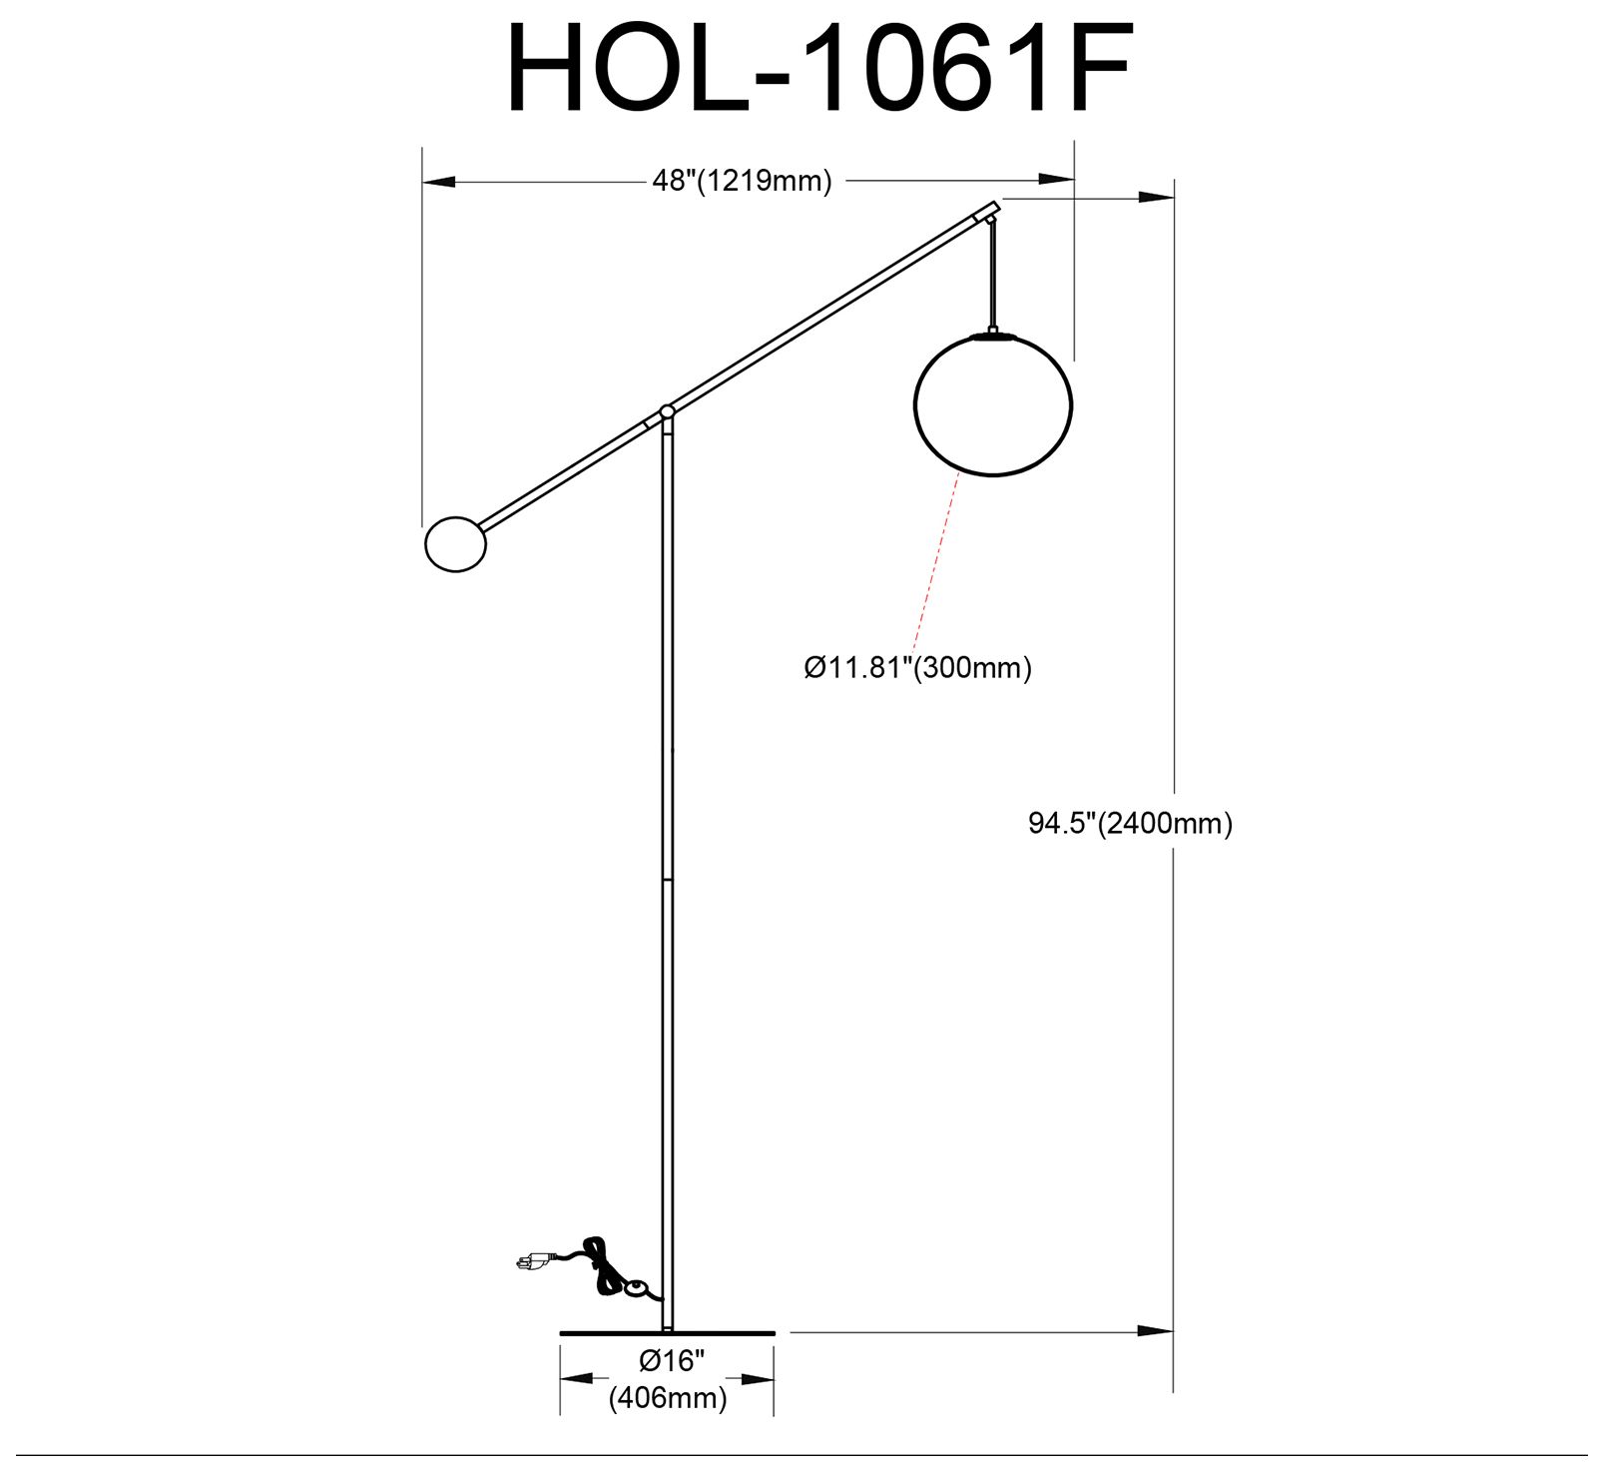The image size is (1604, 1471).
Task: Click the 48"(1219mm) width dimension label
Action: [x=741, y=181]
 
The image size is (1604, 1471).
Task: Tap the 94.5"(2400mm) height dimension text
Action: [x=1130, y=824]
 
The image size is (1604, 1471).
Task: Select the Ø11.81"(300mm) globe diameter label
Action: [x=917, y=667]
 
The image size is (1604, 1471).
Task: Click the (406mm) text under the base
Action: [x=668, y=1398]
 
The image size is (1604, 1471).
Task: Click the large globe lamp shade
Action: [x=992, y=404]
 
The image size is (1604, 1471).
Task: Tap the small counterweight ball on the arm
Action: [x=456, y=544]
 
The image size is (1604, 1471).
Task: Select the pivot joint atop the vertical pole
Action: [x=667, y=411]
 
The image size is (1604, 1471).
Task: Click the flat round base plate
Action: [x=667, y=1332]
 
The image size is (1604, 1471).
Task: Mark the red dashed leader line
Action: [x=936, y=559]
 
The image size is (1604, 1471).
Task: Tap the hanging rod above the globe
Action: [x=992, y=275]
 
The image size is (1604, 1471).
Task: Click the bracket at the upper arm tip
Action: [x=987, y=213]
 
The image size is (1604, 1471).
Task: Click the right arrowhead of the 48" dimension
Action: [x=1058, y=180]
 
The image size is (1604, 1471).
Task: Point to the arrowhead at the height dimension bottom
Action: [x=1158, y=1331]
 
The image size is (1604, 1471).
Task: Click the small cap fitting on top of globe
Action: [x=992, y=334]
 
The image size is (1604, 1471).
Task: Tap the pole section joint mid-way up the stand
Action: [x=667, y=880]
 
